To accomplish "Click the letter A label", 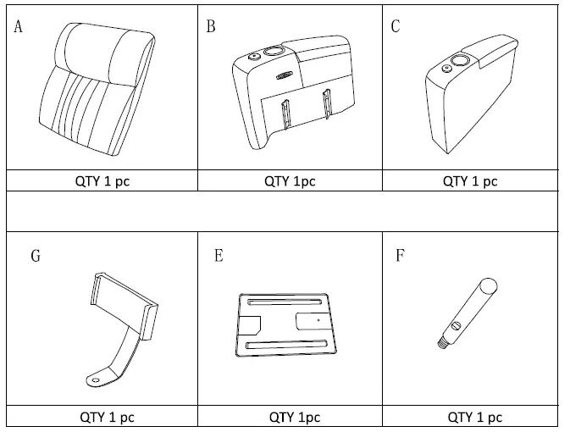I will (19, 26).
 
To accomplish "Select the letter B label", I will (211, 26).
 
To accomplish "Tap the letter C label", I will (396, 26).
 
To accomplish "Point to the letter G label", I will (36, 255).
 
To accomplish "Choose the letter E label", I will (219, 255).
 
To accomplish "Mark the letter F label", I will (400, 255).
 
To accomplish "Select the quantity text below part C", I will (471, 180).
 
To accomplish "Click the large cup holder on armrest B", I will (274, 52).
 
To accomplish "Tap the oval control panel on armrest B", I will (282, 76).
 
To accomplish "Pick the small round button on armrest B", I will (252, 58).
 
